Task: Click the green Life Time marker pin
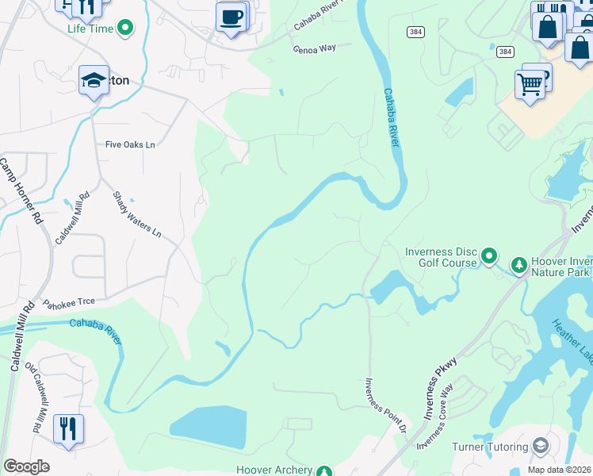[124, 29]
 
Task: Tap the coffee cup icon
[231, 17]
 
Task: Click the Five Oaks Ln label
[130, 145]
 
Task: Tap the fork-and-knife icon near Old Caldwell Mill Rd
[68, 428]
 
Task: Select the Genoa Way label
[315, 48]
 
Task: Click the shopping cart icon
[529, 83]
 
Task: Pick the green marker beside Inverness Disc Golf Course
[489, 256]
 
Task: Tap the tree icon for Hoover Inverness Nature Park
[518, 263]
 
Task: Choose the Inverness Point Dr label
[385, 405]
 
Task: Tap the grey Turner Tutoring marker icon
[541, 446]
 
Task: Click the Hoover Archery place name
[274, 470]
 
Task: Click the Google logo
[26, 466]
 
